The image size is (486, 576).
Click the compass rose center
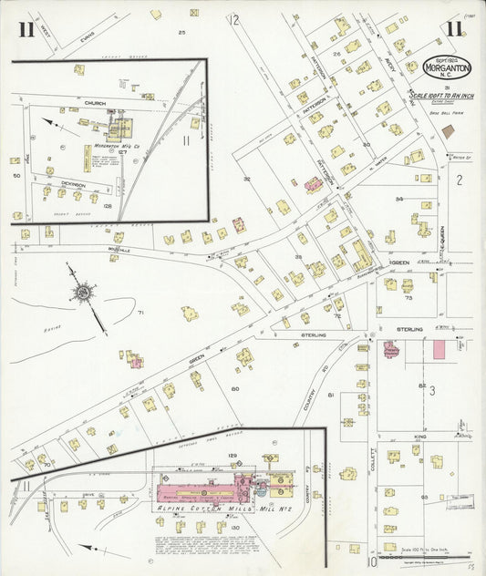83,293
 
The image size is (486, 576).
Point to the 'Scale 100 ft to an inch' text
437,95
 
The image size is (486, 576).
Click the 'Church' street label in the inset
96,104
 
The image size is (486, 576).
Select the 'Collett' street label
374,462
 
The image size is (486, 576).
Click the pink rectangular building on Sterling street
439,349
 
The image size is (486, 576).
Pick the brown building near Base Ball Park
447,131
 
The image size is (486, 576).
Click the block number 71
140,313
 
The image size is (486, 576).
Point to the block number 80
235,389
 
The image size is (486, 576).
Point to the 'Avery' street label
390,66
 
